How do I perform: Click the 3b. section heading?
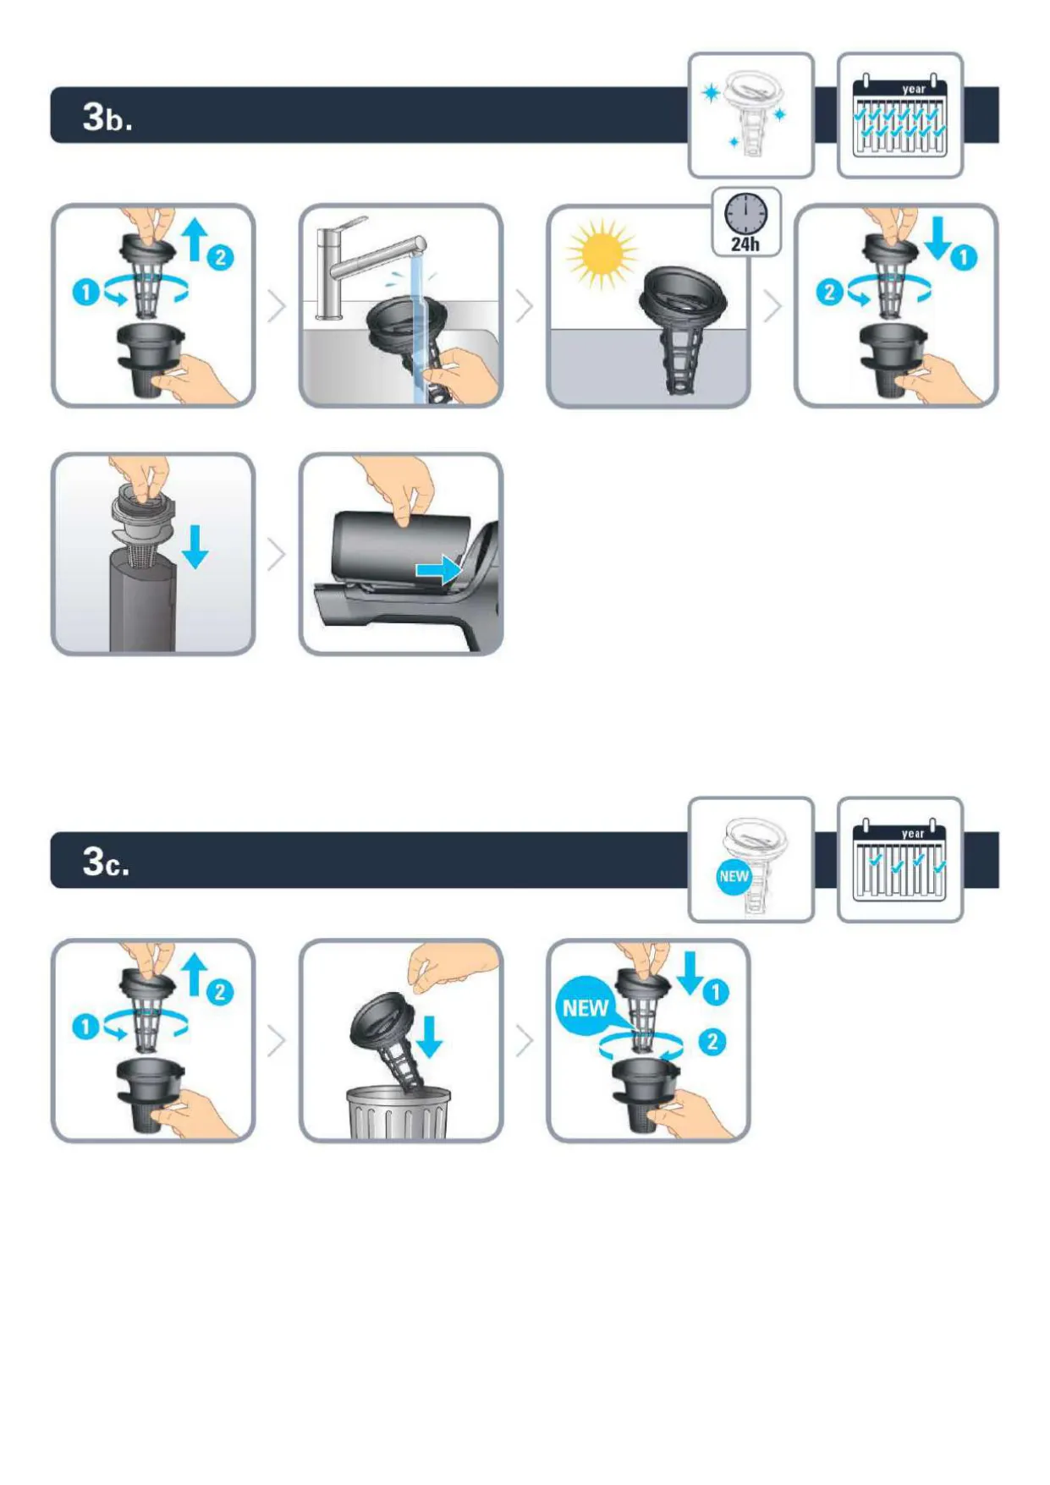click(x=107, y=116)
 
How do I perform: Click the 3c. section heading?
click(x=106, y=862)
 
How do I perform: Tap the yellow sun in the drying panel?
click(x=602, y=253)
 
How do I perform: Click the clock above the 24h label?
click(x=745, y=213)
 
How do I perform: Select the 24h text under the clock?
click(x=745, y=244)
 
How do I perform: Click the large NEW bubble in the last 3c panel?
click(x=585, y=1007)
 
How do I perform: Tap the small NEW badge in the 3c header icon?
click(x=734, y=876)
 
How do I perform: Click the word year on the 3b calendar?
click(x=914, y=89)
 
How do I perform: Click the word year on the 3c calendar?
click(x=913, y=833)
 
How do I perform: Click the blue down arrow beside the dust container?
click(x=195, y=546)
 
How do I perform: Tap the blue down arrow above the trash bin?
click(x=430, y=1037)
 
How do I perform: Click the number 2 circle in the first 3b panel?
click(x=220, y=257)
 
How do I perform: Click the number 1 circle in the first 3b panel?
click(x=85, y=293)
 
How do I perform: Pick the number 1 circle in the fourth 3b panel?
click(x=964, y=257)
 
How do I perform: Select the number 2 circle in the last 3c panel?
click(x=712, y=1041)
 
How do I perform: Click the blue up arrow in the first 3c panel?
click(x=195, y=974)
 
